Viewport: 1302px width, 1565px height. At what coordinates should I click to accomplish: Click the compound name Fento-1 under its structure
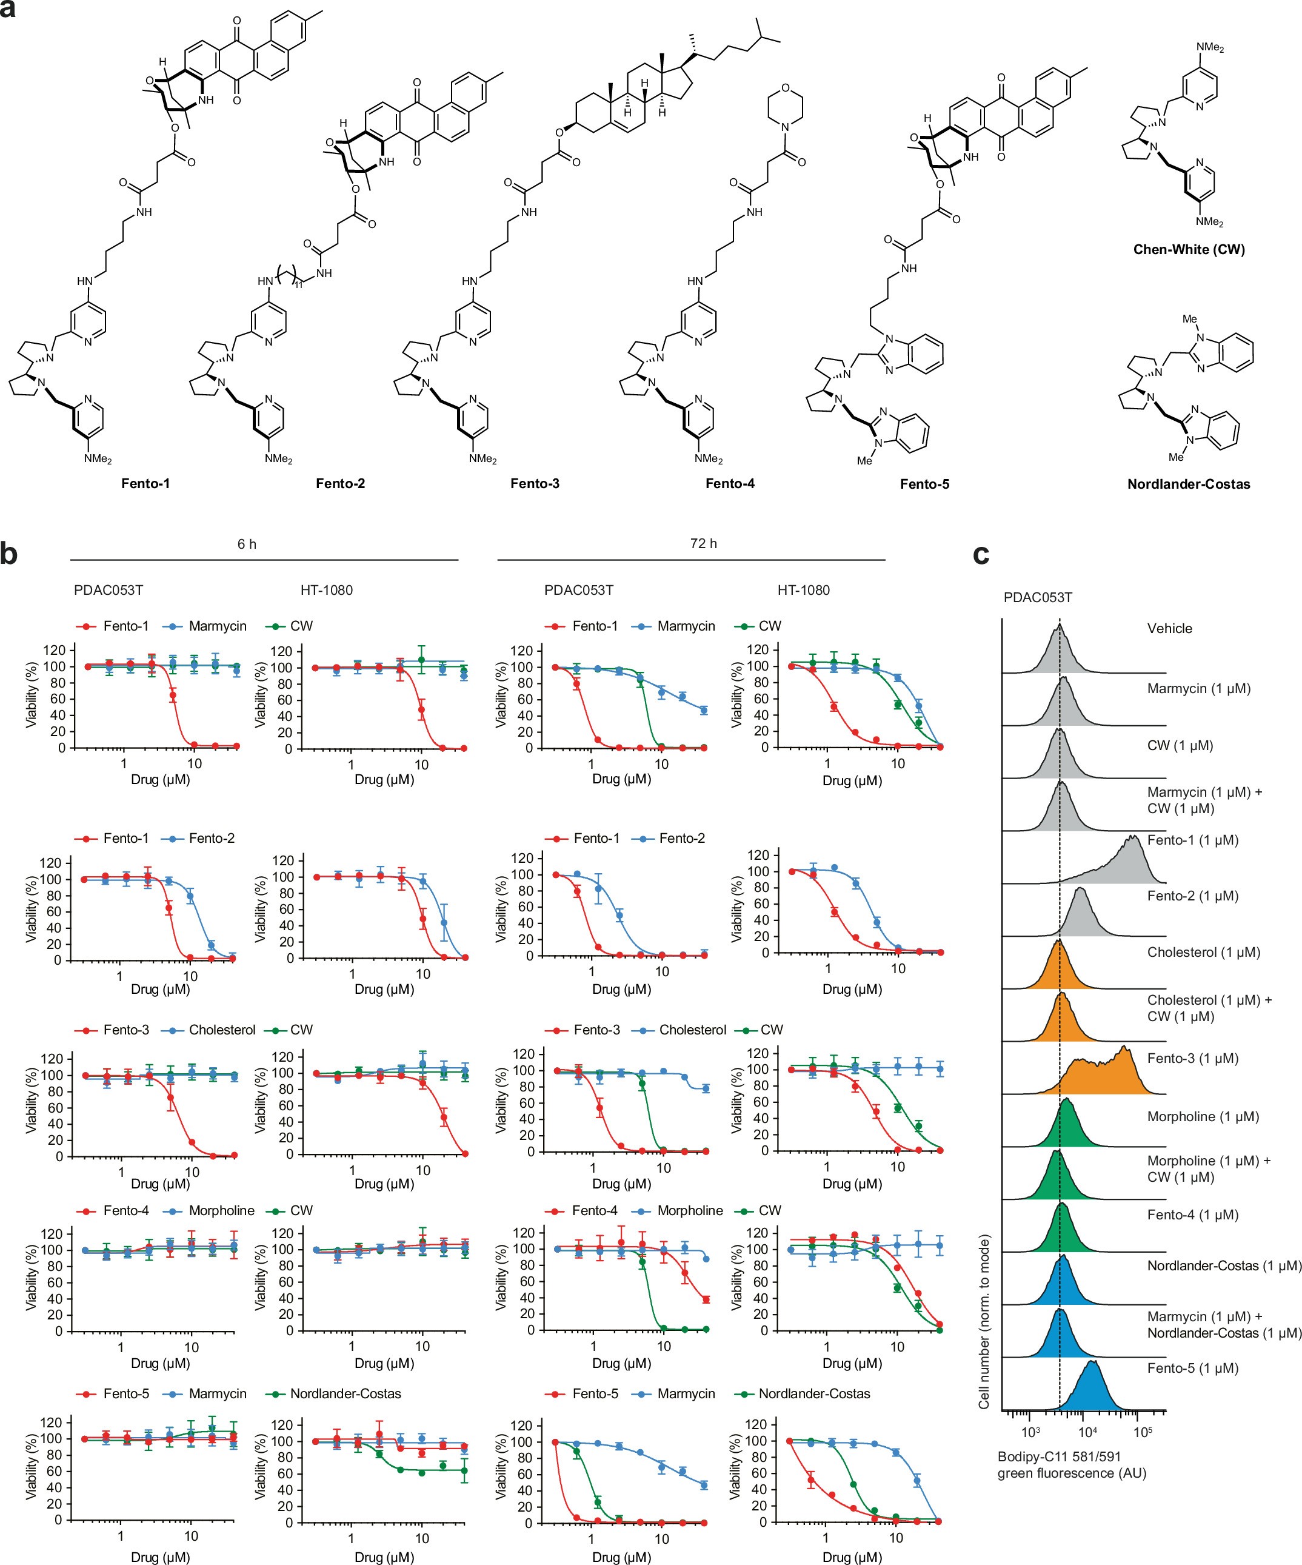pyautogui.click(x=145, y=484)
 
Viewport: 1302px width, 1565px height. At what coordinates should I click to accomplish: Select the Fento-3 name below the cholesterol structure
pyautogui.click(x=534, y=484)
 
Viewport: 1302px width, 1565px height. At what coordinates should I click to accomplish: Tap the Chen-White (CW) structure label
pyautogui.click(x=1189, y=250)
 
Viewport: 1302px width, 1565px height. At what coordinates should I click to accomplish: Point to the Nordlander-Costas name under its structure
pyautogui.click(x=1188, y=484)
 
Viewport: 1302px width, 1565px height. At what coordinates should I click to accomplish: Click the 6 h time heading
pyautogui.click(x=247, y=544)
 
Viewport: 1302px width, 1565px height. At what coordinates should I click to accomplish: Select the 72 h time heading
pyautogui.click(x=703, y=544)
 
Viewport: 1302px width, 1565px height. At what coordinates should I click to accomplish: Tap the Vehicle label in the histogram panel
pyautogui.click(x=1169, y=628)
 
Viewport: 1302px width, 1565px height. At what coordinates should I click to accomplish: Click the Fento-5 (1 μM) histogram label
pyautogui.click(x=1192, y=1369)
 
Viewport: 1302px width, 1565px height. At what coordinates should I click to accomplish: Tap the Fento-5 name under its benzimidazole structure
pyautogui.click(x=924, y=484)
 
